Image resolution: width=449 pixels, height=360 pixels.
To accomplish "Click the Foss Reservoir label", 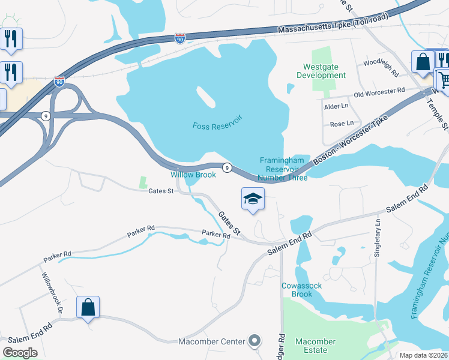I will point(217,126).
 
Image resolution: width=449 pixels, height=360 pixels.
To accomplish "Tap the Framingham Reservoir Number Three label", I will point(283,169).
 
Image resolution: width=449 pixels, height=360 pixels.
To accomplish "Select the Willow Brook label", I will point(193,175).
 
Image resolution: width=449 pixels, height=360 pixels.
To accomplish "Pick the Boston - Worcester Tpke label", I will point(351,138).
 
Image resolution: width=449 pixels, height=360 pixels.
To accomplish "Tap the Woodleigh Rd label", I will point(381,65).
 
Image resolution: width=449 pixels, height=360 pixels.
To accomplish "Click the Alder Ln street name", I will point(336,106).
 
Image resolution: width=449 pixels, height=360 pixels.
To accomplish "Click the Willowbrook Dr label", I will point(51,293).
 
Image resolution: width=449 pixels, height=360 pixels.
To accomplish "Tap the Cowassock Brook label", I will point(302,290).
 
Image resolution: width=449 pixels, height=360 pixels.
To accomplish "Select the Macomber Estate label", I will point(312,346).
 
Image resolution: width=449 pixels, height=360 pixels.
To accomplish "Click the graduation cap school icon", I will point(253,199).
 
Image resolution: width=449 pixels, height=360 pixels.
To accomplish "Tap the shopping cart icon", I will point(443,79).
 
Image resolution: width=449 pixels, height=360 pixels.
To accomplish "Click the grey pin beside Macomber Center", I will point(255,341).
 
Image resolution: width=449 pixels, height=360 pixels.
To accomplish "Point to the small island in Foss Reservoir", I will point(205,95).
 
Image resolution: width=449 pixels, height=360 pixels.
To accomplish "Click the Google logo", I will point(20,353).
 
